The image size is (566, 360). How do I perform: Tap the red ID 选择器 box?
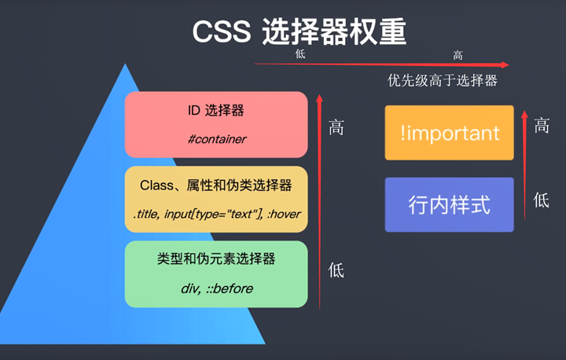(x=216, y=123)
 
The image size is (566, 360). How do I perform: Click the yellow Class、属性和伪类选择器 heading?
(x=216, y=186)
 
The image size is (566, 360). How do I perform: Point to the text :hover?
(x=282, y=214)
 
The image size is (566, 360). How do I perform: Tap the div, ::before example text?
(x=216, y=288)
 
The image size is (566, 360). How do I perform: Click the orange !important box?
(x=449, y=133)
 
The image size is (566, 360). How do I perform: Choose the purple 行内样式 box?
(x=449, y=205)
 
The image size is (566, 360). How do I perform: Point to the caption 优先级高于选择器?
(x=443, y=81)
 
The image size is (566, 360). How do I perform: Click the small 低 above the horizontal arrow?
(x=300, y=54)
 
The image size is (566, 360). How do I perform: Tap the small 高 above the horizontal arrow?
(x=458, y=55)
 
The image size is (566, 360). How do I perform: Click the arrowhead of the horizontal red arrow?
(x=505, y=65)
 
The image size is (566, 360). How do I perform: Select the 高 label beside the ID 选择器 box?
(x=336, y=127)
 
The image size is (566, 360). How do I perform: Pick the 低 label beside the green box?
(x=336, y=271)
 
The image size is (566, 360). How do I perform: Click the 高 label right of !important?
(x=542, y=125)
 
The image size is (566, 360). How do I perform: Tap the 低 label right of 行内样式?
(x=542, y=200)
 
